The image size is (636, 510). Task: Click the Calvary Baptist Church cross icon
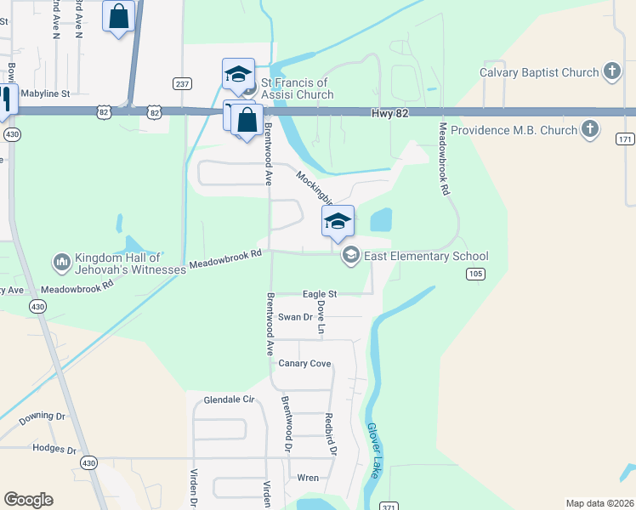coord(611,73)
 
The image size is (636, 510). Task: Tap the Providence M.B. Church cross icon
coord(591,131)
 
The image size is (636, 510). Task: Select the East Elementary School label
coord(426,256)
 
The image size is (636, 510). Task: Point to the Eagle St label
coord(320,294)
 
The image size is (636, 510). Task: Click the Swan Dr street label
coord(296,317)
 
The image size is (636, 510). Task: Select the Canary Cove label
coord(304,364)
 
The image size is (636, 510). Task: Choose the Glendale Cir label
coord(230,399)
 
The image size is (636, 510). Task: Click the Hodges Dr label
coord(54,448)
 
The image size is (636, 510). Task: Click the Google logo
coord(28,500)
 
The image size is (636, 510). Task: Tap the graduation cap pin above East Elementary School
coord(338,222)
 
